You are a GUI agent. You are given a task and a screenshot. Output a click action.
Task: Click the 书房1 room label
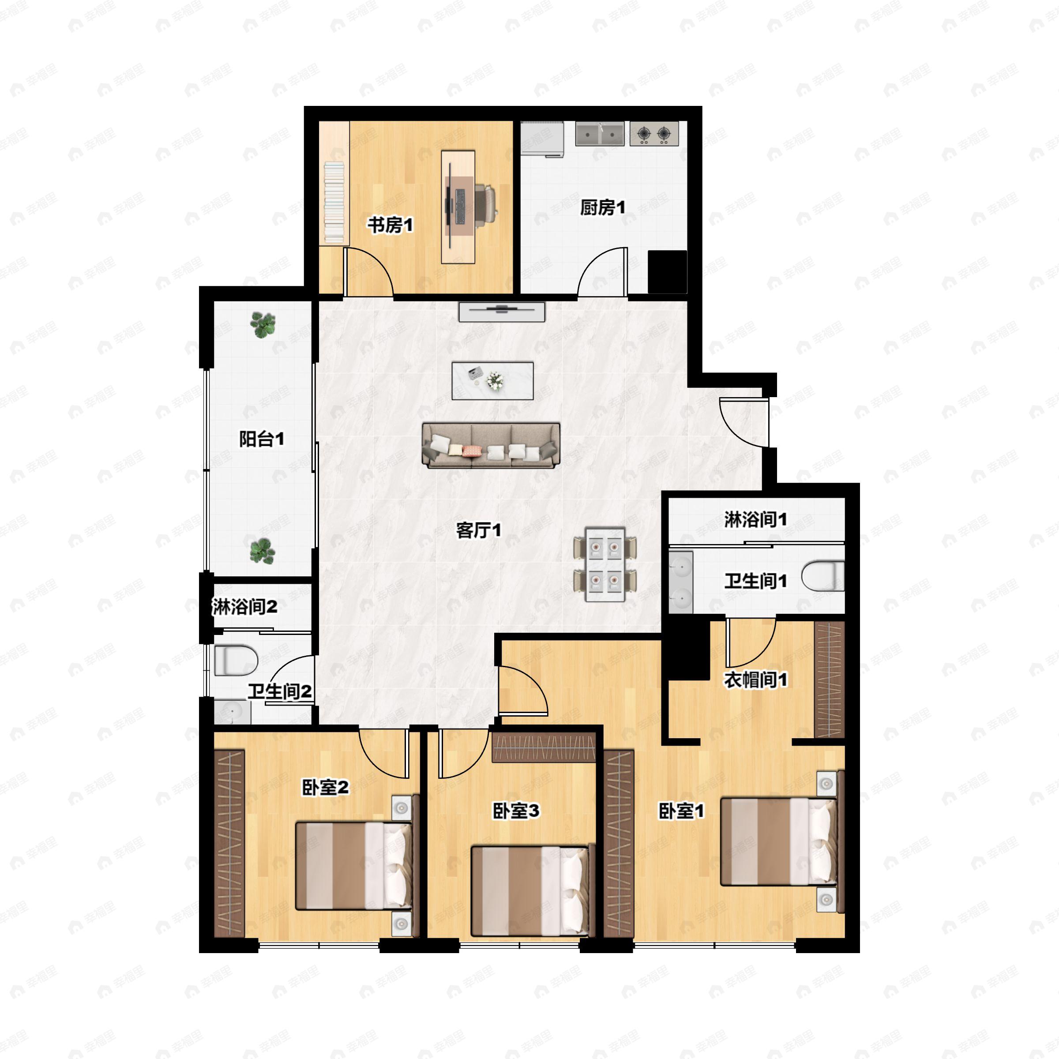pyautogui.click(x=390, y=225)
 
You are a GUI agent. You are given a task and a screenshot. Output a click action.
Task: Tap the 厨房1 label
pyautogui.click(x=602, y=208)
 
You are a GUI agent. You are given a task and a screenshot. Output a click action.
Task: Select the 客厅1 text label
pyautogui.click(x=478, y=530)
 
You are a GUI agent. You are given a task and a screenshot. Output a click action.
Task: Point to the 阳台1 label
pyautogui.click(x=262, y=439)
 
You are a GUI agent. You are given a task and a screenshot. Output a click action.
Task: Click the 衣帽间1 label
pyautogui.click(x=755, y=680)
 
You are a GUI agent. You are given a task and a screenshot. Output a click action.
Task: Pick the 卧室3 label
pyautogui.click(x=516, y=811)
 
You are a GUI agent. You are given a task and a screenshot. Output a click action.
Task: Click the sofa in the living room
pyautogui.click(x=491, y=446)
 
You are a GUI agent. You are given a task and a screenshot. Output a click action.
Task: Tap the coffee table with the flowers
pyautogui.click(x=492, y=380)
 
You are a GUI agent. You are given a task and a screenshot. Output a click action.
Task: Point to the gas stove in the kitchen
pyautogui.click(x=654, y=133)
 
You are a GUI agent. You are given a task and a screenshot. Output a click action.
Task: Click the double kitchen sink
pyautogui.click(x=600, y=133)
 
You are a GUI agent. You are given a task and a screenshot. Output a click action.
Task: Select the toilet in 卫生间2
pyautogui.click(x=236, y=660)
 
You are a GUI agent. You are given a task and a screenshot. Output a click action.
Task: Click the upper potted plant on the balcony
pyautogui.click(x=263, y=325)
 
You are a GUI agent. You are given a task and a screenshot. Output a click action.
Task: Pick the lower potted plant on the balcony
pyautogui.click(x=262, y=551)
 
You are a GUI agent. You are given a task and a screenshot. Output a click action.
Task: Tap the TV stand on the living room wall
pyautogui.click(x=502, y=312)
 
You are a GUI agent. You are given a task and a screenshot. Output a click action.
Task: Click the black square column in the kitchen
pyautogui.click(x=667, y=272)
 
